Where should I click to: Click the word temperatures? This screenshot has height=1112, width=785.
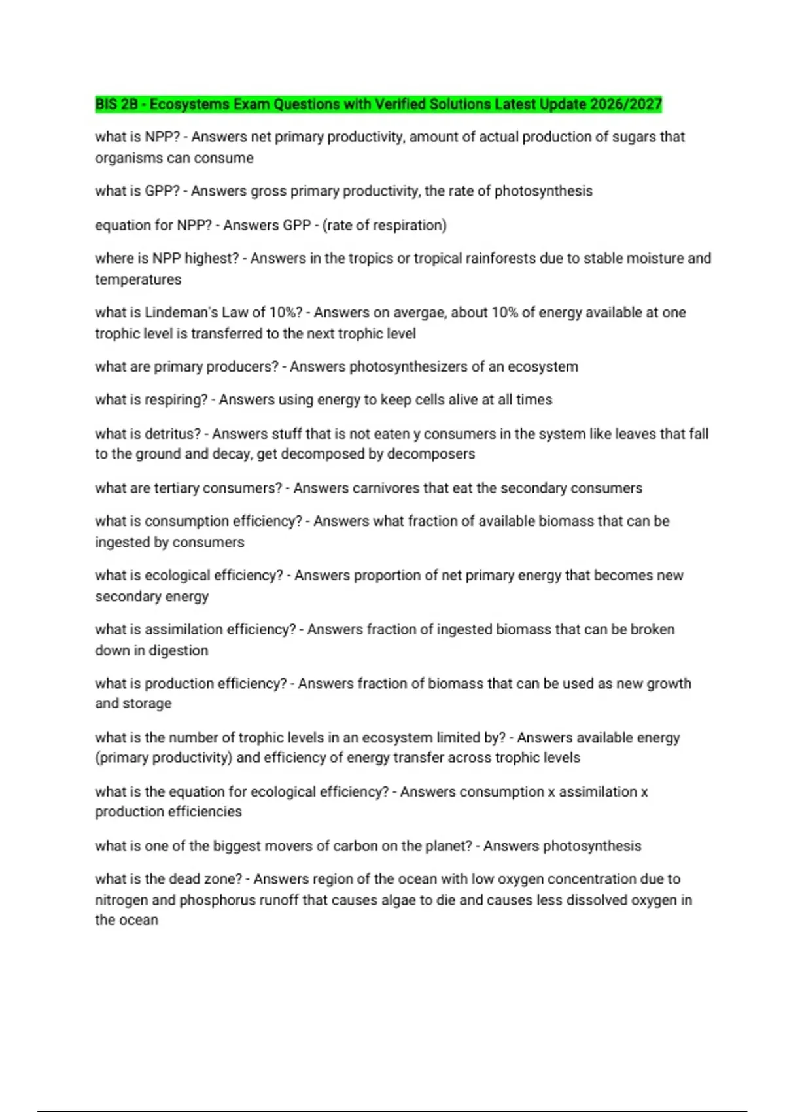point(138,279)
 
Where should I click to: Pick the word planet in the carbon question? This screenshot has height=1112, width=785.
point(449,846)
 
